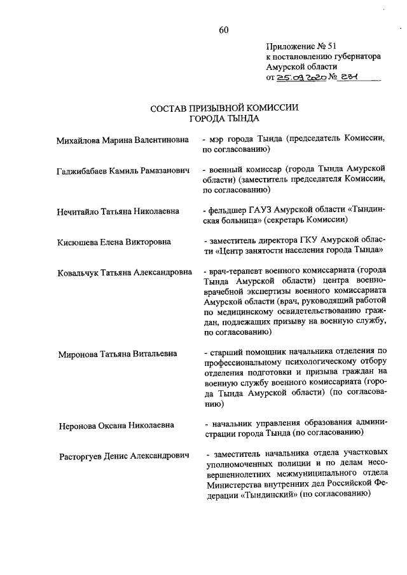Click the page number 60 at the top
[x=223, y=30]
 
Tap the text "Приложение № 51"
[x=301, y=46]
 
